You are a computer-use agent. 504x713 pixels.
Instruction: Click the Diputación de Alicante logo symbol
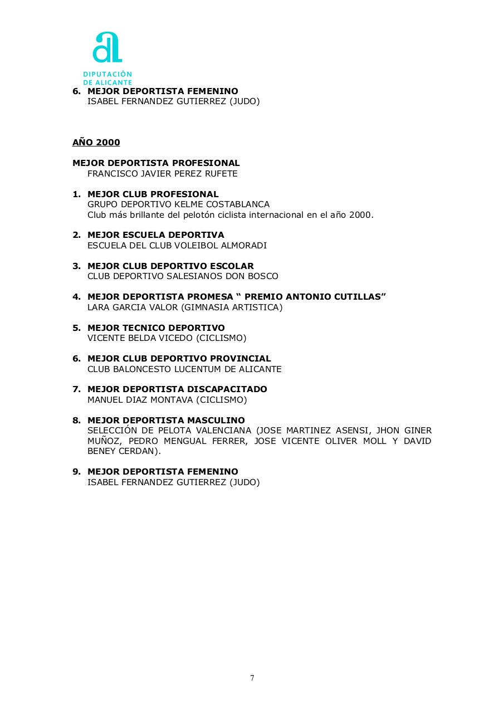107,48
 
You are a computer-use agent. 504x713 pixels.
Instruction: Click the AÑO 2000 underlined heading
96,143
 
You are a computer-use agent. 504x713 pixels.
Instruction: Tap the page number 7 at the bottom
252,678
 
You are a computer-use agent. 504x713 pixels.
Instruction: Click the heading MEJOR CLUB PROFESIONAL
153,194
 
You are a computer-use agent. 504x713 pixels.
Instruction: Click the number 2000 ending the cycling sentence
360,215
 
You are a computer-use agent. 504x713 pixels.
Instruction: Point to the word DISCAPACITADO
228,389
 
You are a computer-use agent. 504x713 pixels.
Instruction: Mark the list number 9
77,472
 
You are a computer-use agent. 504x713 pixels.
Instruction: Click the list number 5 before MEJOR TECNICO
77,328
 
